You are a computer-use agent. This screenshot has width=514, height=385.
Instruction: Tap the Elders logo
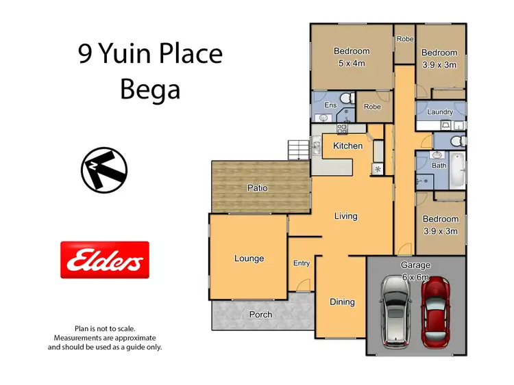click(105, 260)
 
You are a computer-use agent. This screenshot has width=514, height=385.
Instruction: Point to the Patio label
click(258, 187)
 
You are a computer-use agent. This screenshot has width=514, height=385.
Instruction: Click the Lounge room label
click(249, 258)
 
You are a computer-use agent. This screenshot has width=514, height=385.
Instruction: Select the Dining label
click(342, 302)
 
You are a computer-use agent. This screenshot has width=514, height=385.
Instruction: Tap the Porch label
click(260, 315)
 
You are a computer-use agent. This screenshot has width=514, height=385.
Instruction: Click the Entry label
click(302, 263)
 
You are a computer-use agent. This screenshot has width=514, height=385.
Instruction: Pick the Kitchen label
click(347, 146)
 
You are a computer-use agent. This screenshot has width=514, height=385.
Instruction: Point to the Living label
click(345, 216)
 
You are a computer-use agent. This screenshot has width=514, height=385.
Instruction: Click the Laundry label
click(439, 112)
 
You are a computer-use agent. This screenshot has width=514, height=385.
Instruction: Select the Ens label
click(330, 105)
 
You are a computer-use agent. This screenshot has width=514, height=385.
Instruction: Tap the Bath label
click(439, 166)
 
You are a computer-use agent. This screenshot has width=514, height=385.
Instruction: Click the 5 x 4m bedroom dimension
click(352, 64)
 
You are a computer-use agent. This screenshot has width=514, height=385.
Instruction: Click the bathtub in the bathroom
click(458, 172)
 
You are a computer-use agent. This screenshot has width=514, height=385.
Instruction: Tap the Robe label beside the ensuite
click(372, 107)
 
